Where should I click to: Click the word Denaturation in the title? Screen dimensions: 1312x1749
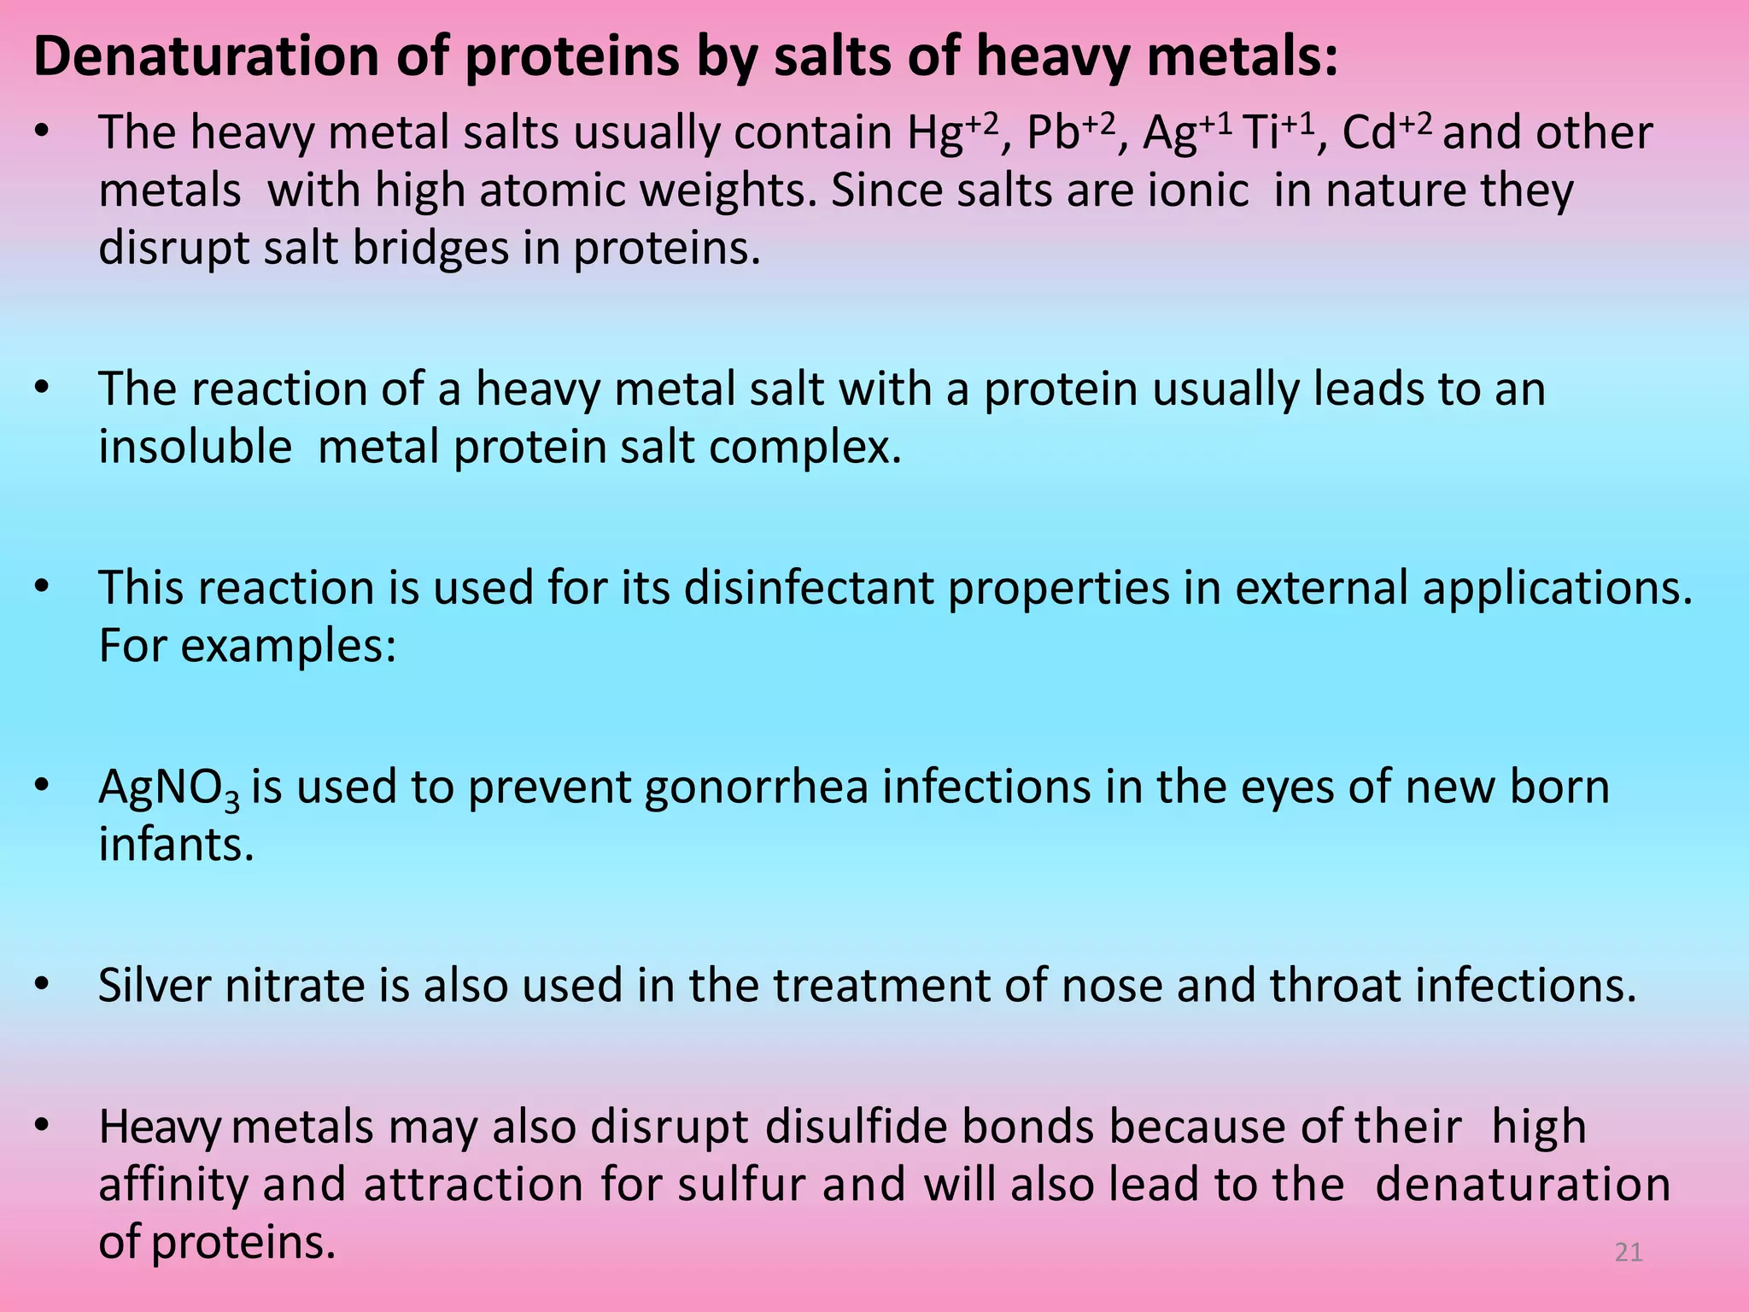click(x=206, y=56)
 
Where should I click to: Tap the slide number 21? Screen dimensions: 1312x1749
click(x=1629, y=1252)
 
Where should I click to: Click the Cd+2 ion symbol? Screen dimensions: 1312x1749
click(x=1386, y=133)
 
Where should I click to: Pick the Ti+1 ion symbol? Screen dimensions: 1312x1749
click(x=1279, y=133)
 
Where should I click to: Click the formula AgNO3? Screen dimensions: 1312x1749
click(x=169, y=788)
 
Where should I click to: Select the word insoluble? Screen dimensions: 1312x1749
click(x=195, y=447)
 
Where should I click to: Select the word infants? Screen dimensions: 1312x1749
click(x=176, y=845)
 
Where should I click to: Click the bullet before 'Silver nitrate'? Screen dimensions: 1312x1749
click(x=43, y=986)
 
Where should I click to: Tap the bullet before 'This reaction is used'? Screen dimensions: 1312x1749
click(x=43, y=589)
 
